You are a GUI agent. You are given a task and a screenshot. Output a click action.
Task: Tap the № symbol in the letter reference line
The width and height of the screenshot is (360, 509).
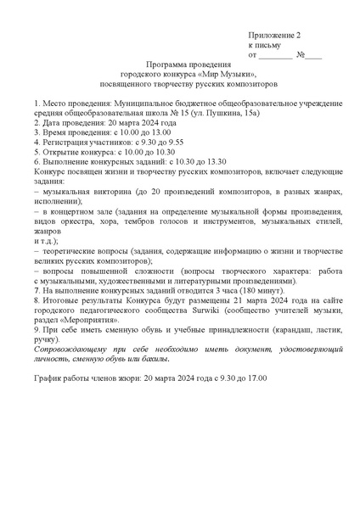pyautogui.click(x=300, y=54)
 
